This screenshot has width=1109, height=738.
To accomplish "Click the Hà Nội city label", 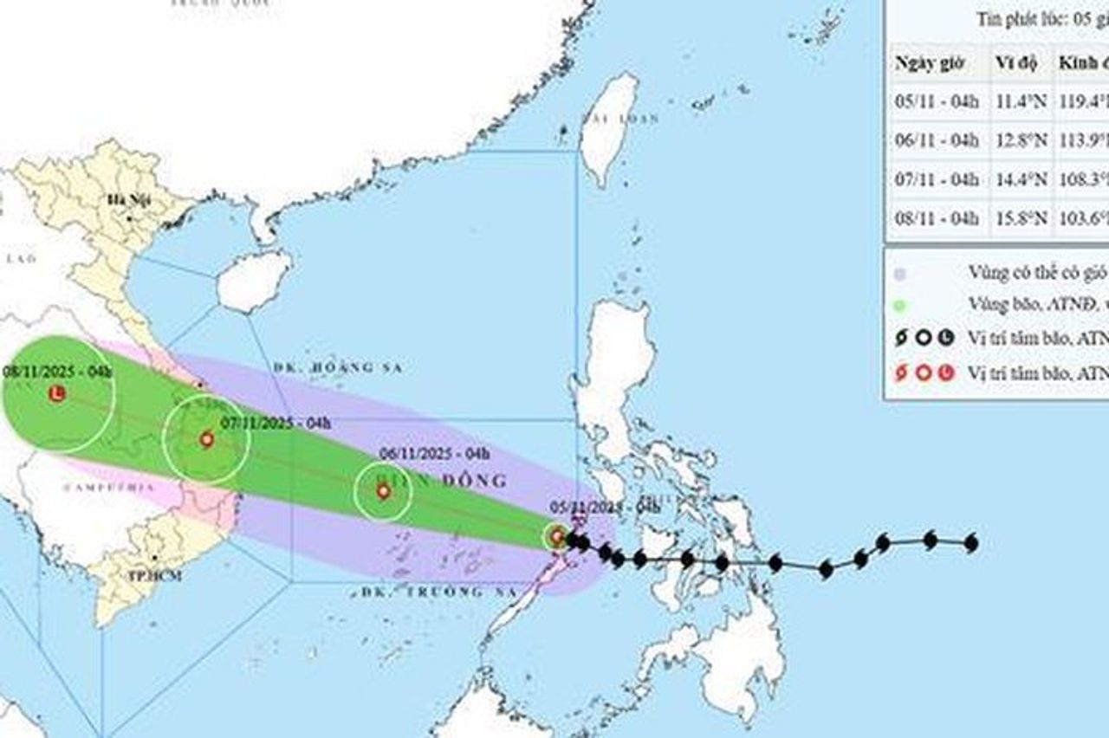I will [x=125, y=200].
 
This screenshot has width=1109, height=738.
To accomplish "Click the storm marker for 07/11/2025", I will [x=206, y=439].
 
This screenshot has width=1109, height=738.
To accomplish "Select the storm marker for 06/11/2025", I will [x=383, y=491].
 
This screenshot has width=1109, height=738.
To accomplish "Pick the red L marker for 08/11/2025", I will [x=57, y=394].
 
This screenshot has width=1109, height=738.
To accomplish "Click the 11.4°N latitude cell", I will [x=1016, y=100].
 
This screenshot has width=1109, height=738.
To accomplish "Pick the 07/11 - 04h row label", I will [x=936, y=180].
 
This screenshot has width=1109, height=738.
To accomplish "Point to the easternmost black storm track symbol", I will [x=970, y=543].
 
